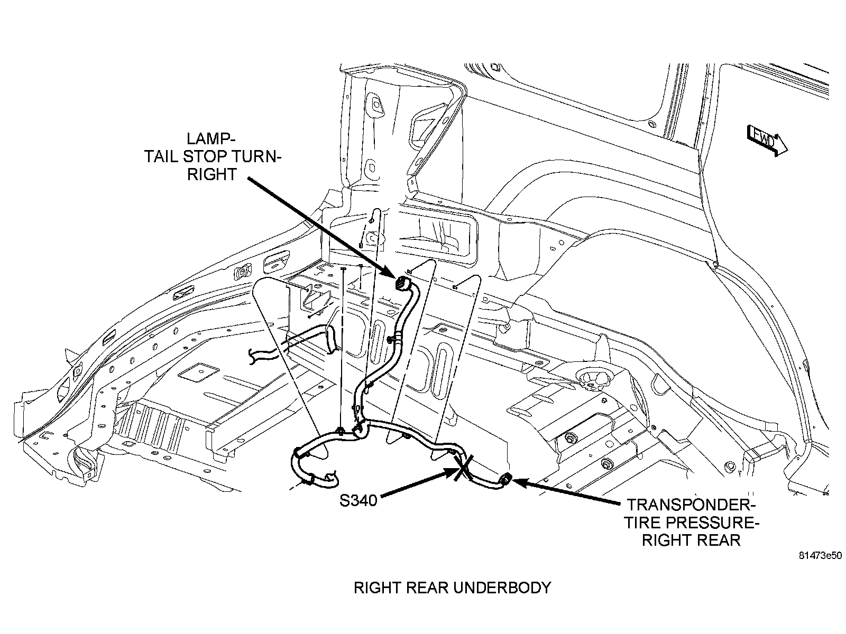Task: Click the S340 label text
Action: point(358,500)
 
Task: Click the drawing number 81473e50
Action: point(820,555)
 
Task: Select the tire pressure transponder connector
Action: point(505,479)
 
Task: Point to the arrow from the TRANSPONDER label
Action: point(566,491)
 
